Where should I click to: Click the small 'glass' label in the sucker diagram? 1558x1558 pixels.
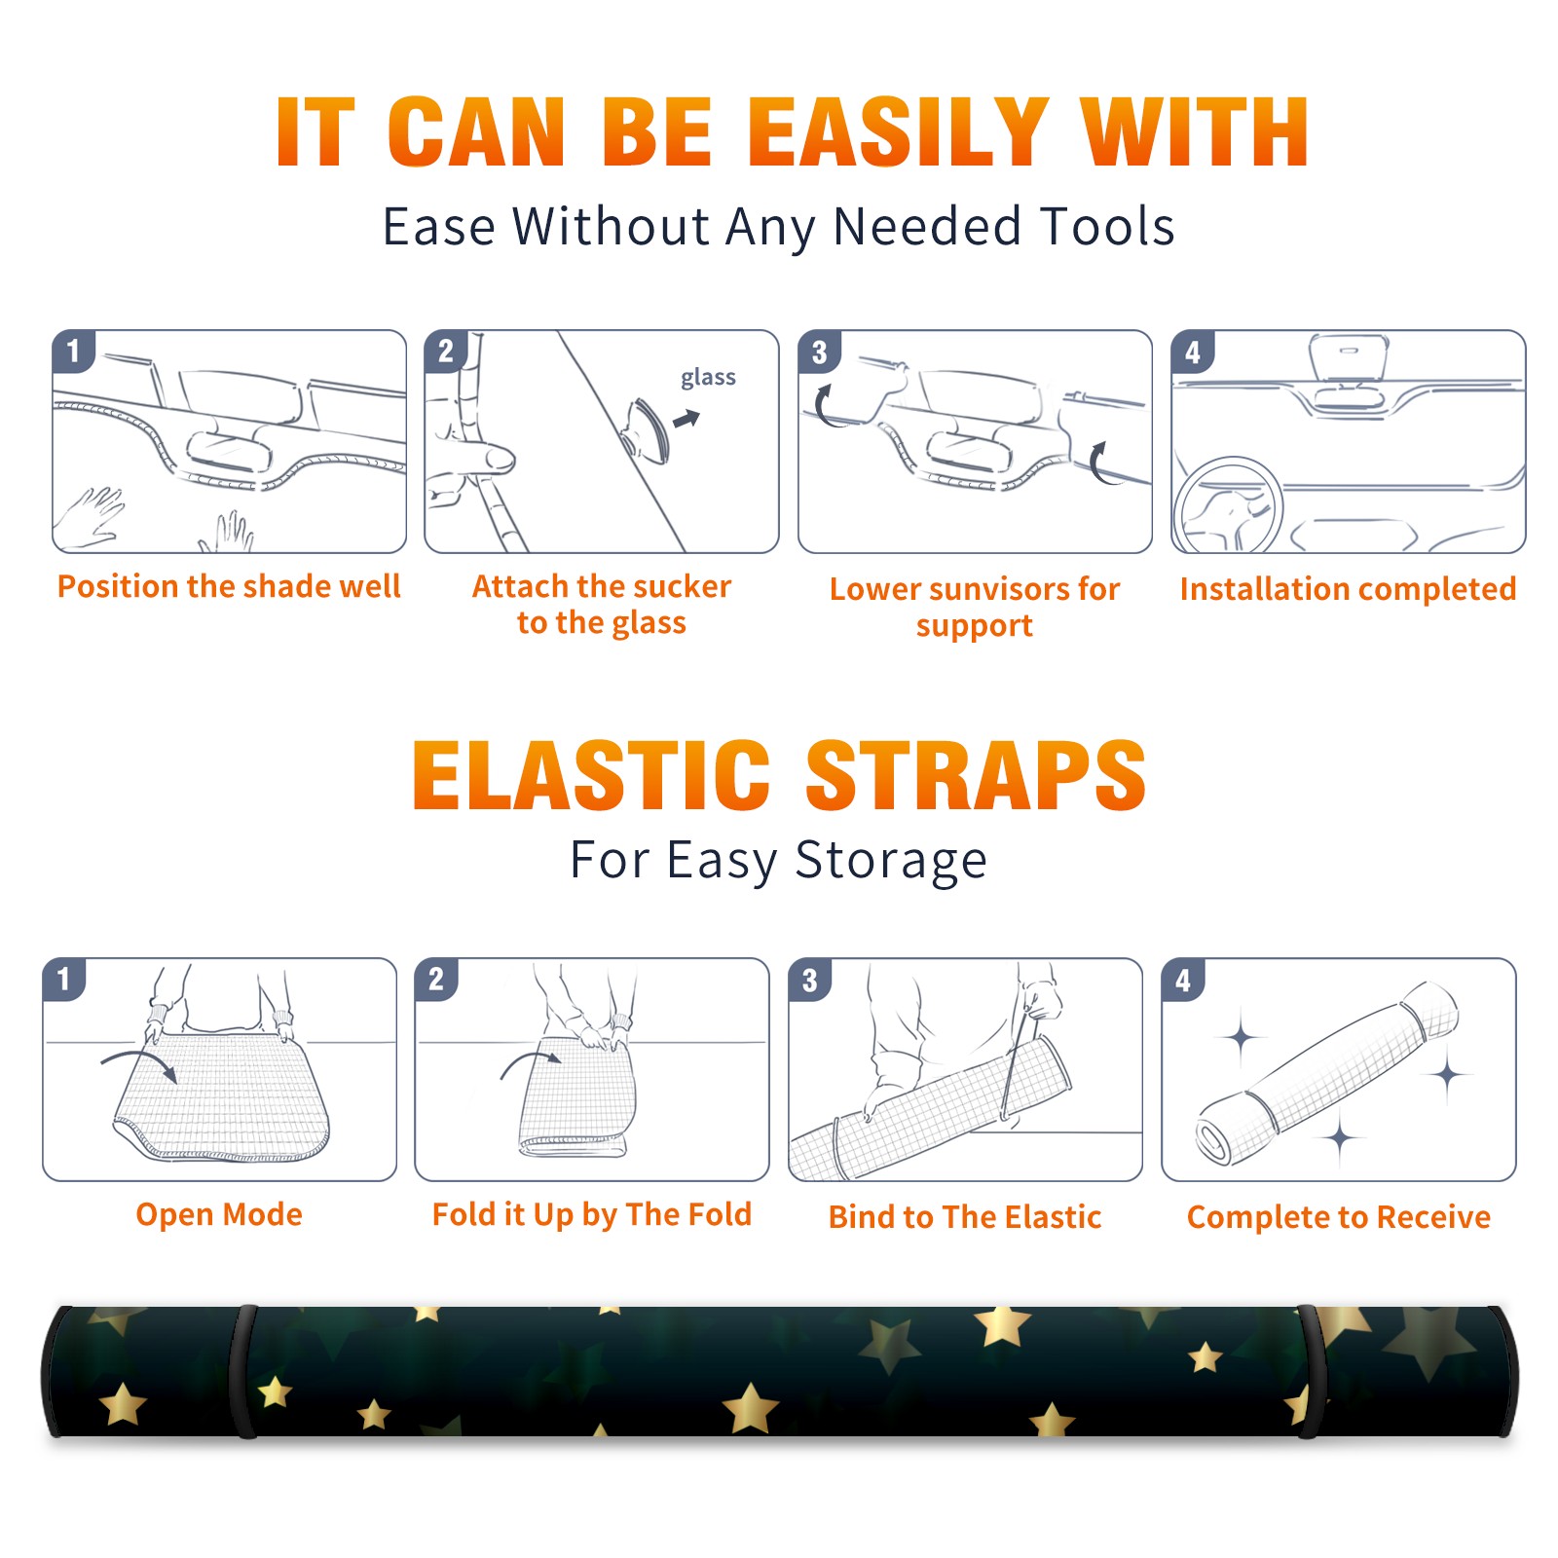click(x=708, y=377)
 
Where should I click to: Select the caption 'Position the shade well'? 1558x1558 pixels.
click(x=229, y=586)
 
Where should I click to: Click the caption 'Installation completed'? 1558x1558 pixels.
click(x=1348, y=589)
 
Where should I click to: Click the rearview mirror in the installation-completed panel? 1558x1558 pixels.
click(x=1349, y=359)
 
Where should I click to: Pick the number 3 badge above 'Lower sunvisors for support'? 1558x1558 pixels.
click(x=820, y=352)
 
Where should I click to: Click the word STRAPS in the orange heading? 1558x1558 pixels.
click(x=976, y=775)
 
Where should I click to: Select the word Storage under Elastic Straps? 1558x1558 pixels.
click(x=891, y=861)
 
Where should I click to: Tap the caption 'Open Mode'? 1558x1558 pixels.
click(x=219, y=1214)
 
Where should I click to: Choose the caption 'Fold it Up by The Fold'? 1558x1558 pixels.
click(x=592, y=1214)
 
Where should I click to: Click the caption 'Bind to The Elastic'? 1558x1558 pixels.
click(x=965, y=1217)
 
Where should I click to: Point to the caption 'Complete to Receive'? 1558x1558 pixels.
click(x=1339, y=1217)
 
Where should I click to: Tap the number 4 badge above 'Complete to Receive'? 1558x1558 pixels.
click(x=1183, y=980)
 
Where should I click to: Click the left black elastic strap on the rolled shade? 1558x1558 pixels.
click(x=243, y=1371)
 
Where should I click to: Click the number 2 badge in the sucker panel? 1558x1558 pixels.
click(x=446, y=352)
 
